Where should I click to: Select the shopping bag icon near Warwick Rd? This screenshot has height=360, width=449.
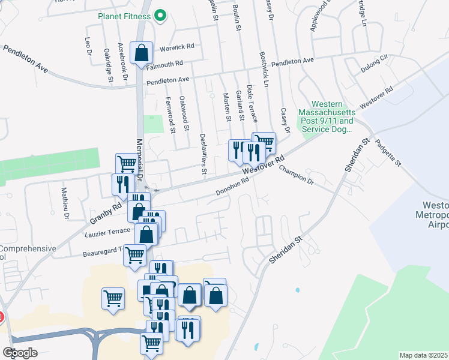[x=141, y=53]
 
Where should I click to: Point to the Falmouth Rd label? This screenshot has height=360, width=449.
[x=163, y=64]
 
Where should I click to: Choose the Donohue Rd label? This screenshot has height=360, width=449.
[x=232, y=188]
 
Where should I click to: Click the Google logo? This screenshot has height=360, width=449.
[x=20, y=353]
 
